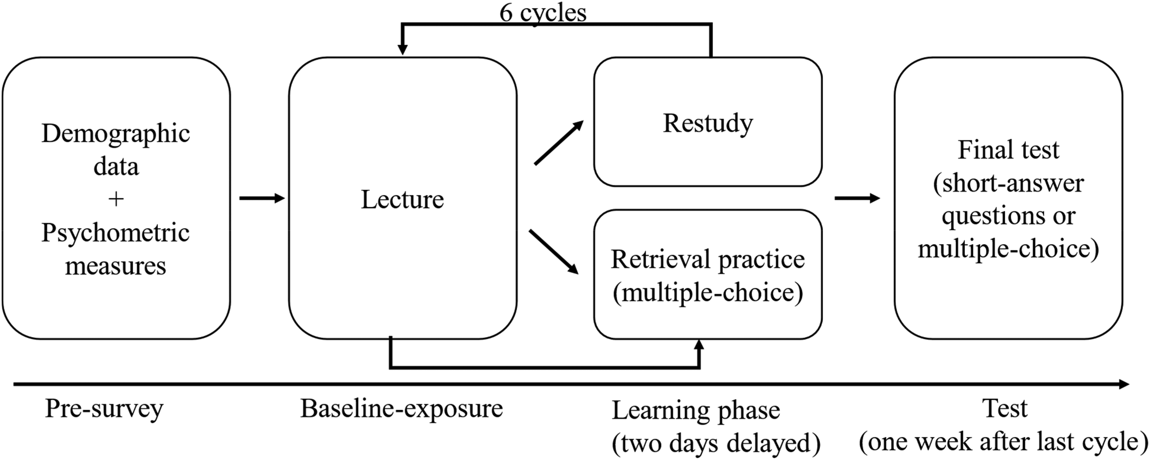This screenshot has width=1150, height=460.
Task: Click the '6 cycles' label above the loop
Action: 543,13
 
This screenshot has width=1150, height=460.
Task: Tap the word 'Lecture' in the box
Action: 402,199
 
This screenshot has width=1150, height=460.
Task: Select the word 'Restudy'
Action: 708,124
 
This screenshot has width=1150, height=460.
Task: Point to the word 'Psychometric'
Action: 116,233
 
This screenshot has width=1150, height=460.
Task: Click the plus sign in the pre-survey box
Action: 116,199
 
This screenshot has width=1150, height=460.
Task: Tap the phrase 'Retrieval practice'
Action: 708,260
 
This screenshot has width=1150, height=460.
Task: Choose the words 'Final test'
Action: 1008,150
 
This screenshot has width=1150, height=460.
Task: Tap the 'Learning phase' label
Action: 695,411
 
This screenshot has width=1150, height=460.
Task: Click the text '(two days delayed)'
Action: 716,444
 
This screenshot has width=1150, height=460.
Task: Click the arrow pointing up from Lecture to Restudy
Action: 559,143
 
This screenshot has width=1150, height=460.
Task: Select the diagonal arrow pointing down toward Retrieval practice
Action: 554,251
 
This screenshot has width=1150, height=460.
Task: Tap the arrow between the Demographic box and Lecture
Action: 262,198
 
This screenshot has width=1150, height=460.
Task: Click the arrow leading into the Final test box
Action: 857,198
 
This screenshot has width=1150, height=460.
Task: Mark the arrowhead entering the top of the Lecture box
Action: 402,49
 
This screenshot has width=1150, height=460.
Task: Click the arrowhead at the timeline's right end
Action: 1123,384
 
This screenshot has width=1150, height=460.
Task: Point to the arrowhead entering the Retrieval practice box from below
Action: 699,345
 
